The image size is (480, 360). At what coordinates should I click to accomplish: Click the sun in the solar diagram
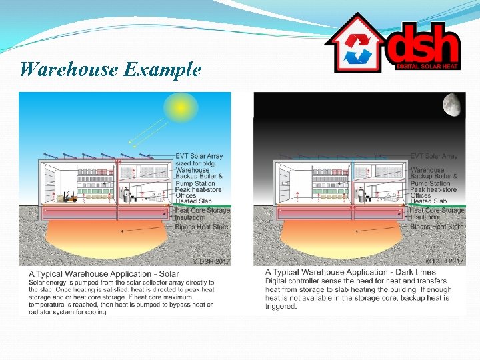tap(178, 107)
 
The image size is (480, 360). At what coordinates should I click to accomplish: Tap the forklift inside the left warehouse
tap(68, 197)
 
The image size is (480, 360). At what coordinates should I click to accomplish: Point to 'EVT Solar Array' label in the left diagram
tap(199, 156)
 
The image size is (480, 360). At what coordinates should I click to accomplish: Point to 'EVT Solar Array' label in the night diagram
tap(434, 156)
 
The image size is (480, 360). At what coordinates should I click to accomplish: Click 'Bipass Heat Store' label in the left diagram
tap(201, 227)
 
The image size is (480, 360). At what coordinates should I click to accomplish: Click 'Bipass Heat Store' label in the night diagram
tap(437, 227)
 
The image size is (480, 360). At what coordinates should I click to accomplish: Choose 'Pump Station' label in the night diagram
tap(430, 183)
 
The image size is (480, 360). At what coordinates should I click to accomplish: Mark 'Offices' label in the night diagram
tap(421, 195)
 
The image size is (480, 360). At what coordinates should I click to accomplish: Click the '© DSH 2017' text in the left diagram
tap(211, 261)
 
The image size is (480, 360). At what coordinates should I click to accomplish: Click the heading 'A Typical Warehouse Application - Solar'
tap(104, 274)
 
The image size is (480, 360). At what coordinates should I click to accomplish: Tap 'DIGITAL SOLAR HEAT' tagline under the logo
tap(427, 67)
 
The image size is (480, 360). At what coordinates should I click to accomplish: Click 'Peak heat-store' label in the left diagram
tap(199, 189)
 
